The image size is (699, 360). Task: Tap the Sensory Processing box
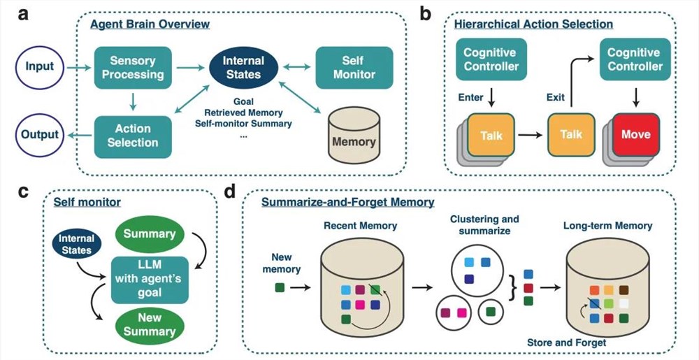click(134, 66)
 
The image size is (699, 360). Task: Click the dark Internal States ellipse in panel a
click(243, 68)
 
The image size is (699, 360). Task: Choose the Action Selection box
click(133, 134)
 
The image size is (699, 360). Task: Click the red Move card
click(635, 135)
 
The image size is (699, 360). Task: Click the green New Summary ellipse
click(150, 324)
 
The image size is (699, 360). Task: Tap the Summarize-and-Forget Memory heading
click(347, 203)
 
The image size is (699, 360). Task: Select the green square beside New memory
click(280, 287)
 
